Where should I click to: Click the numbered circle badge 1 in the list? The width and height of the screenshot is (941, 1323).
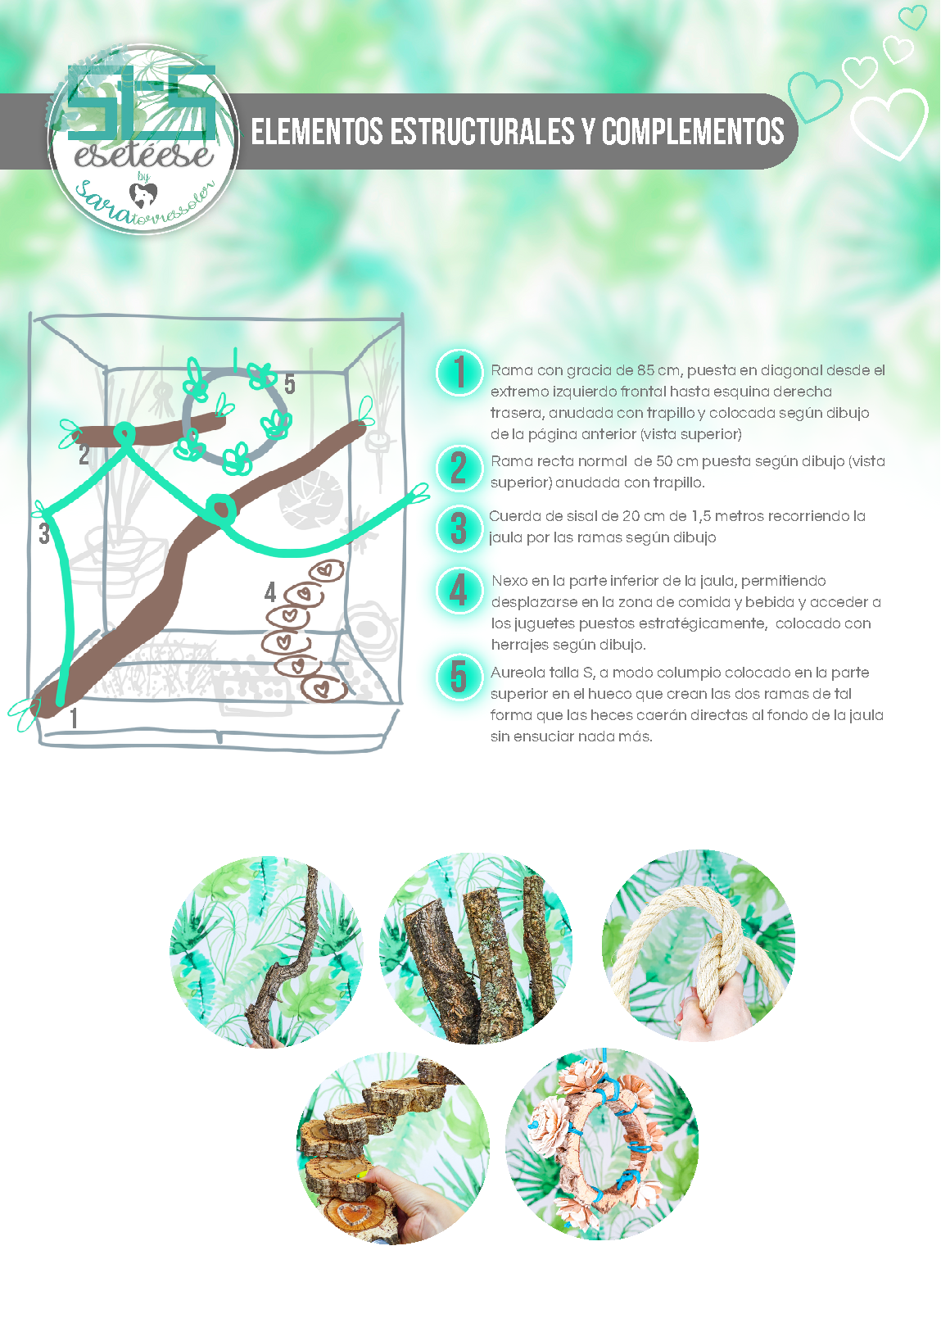click(x=459, y=372)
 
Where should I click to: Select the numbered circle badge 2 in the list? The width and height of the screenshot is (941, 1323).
click(x=459, y=469)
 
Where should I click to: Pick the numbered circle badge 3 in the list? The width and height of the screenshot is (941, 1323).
click(x=459, y=528)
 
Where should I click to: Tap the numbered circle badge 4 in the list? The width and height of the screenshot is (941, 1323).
click(x=459, y=591)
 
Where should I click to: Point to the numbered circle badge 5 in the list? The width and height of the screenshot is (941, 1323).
click(x=459, y=677)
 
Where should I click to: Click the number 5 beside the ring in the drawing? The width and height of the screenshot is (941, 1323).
click(x=290, y=383)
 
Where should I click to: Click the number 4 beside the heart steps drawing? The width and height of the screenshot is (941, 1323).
click(x=270, y=592)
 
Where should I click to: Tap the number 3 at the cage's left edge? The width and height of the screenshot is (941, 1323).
click(x=44, y=535)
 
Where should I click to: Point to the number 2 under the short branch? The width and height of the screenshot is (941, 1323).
click(x=84, y=455)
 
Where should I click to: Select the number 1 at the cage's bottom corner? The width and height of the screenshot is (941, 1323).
click(x=75, y=718)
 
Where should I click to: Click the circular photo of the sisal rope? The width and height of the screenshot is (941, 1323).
click(x=698, y=945)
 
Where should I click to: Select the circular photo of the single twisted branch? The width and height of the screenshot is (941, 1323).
click(x=266, y=951)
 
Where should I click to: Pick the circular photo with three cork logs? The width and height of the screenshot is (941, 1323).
click(x=476, y=949)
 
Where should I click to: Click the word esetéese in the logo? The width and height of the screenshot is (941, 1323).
click(x=144, y=155)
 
